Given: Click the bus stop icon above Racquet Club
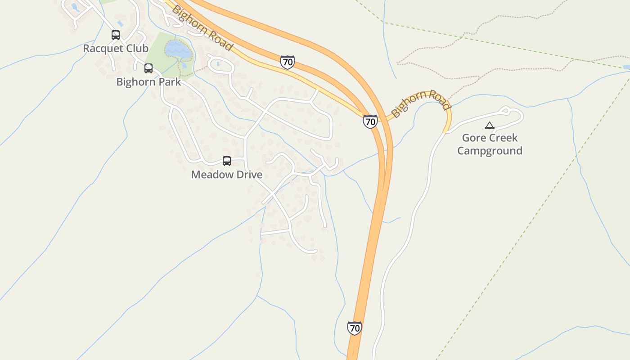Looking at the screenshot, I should click(116, 35).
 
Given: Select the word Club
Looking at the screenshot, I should click(137, 48).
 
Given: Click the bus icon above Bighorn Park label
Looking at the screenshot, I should click(148, 68).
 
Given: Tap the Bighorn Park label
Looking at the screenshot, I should click(148, 82).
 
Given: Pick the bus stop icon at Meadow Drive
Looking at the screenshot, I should click(227, 161).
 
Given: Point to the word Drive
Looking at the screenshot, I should click(250, 175).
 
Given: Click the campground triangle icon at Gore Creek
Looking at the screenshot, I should click(489, 125).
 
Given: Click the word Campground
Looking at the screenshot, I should click(490, 151).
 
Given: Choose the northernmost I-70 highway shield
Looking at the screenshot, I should click(288, 62).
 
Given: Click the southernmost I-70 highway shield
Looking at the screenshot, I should click(355, 328).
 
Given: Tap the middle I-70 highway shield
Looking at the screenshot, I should click(370, 121).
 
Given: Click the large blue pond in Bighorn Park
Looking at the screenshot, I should click(178, 49).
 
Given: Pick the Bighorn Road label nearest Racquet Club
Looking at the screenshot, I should click(202, 28).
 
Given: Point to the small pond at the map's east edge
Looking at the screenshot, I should click(625, 67).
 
